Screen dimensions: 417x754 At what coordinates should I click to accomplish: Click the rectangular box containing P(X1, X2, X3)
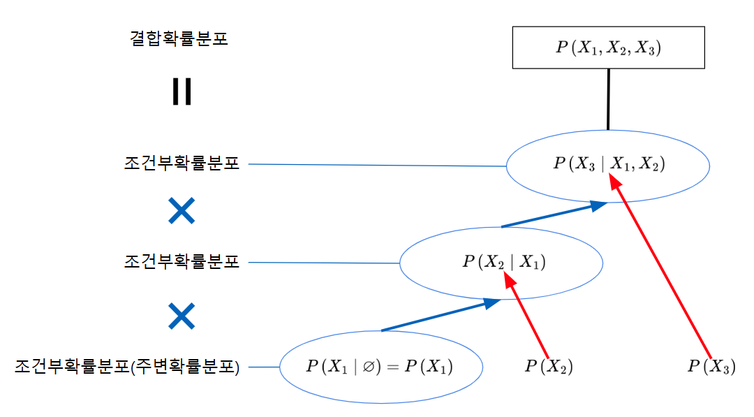(x=608, y=47)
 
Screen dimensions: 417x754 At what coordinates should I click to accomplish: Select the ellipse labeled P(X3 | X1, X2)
(x=608, y=166)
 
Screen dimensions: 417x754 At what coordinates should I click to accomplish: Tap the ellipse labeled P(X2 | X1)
(x=501, y=263)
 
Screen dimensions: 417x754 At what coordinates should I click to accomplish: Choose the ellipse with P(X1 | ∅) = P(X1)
(x=381, y=367)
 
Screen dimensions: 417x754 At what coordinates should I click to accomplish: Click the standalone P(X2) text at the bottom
(x=549, y=367)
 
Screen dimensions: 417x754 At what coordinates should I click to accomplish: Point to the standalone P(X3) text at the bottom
(x=711, y=367)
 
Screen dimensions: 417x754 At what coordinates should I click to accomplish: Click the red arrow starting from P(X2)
(x=529, y=318)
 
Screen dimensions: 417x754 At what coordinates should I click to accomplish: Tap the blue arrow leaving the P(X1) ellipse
(x=440, y=316)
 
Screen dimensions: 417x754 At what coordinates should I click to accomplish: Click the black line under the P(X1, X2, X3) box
(x=608, y=99)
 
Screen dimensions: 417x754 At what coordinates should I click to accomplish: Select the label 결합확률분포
(x=179, y=38)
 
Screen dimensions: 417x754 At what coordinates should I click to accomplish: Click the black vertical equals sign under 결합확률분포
(x=182, y=92)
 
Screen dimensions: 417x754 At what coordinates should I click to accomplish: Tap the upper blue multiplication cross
(x=182, y=210)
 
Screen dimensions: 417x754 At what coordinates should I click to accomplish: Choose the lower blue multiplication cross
(x=182, y=316)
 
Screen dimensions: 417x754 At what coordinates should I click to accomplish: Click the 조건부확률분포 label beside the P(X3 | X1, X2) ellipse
(x=182, y=164)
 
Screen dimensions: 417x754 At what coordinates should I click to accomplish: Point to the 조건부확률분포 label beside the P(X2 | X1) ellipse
(x=182, y=263)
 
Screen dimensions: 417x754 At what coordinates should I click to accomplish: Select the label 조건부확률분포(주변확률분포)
(x=127, y=367)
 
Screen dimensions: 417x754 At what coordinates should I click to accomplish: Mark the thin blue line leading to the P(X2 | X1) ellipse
(x=325, y=263)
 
